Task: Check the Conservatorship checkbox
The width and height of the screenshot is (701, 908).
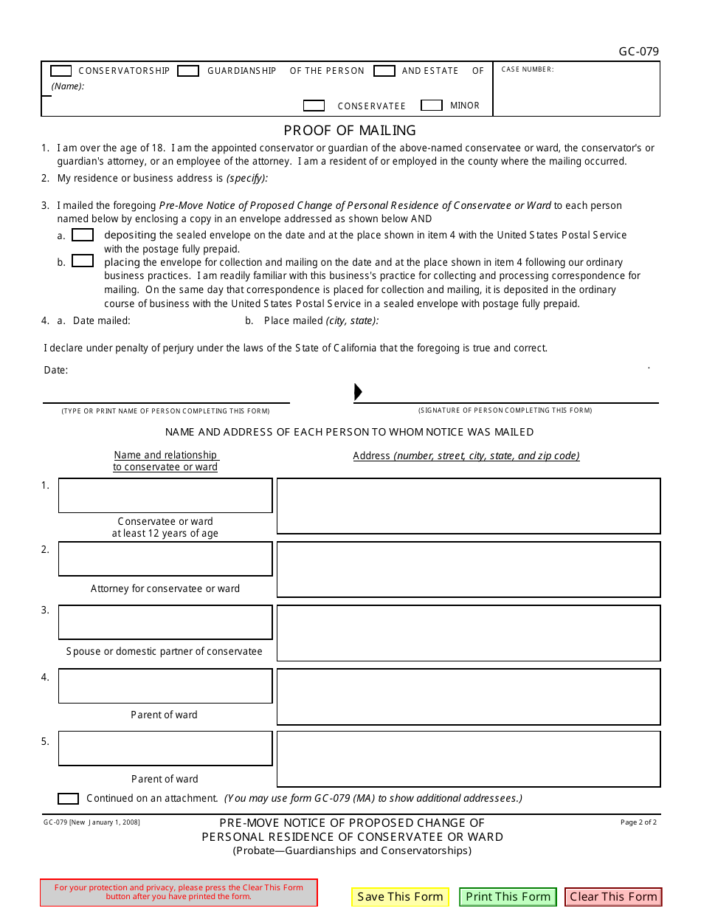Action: tap(61, 71)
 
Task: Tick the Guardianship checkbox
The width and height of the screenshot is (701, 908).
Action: tap(188, 71)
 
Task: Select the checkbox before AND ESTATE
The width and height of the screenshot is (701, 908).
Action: tap(384, 71)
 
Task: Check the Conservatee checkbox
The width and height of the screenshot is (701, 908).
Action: tap(314, 106)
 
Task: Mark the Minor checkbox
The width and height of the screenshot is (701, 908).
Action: tap(431, 106)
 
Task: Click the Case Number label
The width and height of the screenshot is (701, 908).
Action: tap(527, 69)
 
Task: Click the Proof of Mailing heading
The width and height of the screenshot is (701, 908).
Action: tap(350, 131)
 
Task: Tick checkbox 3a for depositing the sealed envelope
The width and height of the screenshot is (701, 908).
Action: tap(83, 235)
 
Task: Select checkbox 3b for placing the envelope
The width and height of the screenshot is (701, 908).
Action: tap(83, 261)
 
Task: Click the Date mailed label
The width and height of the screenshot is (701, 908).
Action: tap(101, 320)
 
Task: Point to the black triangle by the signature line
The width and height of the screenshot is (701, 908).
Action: tap(358, 392)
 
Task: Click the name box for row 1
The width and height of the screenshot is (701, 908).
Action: tap(165, 495)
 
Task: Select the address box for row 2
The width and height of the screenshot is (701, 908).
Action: tap(469, 569)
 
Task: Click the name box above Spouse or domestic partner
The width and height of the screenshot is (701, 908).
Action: tap(165, 622)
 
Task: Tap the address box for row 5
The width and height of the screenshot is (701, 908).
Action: tap(469, 759)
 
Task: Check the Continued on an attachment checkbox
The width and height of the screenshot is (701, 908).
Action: tap(68, 799)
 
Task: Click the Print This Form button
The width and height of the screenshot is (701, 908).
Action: tap(508, 897)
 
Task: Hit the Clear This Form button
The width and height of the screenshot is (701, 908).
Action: tap(613, 897)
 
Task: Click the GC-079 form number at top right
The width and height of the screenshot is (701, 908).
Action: tap(638, 52)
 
